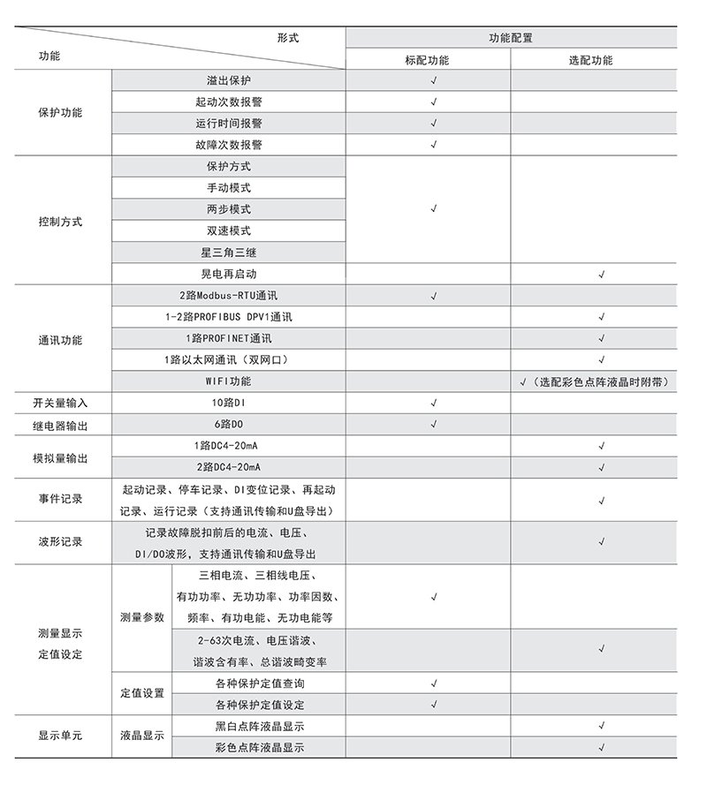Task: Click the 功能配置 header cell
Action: (x=511, y=38)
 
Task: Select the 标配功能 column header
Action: (x=427, y=61)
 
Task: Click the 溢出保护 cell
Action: (x=229, y=80)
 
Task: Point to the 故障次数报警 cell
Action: (x=229, y=145)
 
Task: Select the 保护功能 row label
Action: (x=60, y=113)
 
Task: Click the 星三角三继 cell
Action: (x=229, y=253)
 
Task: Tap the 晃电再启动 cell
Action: (x=229, y=275)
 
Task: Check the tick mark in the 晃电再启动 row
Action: (x=601, y=275)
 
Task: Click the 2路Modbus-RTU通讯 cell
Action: (x=229, y=296)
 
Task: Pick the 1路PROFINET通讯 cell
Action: (x=229, y=338)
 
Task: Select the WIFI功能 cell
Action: (x=229, y=381)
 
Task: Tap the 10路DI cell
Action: (x=229, y=403)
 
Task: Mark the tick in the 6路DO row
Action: (x=433, y=425)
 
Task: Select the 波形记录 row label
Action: (x=60, y=542)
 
